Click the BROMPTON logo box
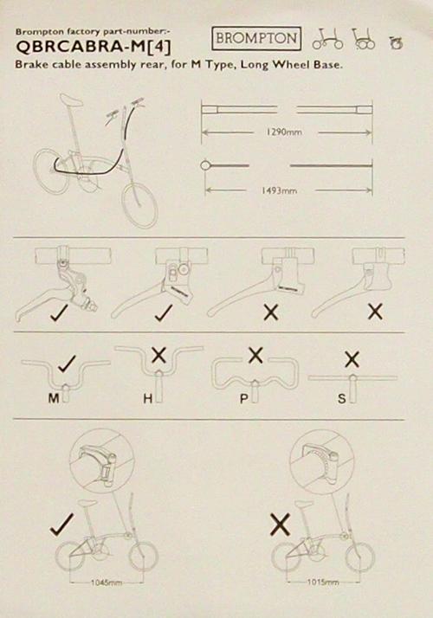[x=256, y=38]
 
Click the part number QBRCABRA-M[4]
[x=94, y=48]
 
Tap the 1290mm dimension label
[x=284, y=132]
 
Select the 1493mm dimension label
[x=279, y=190]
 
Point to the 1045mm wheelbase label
[x=106, y=583]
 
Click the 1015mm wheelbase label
[x=323, y=582]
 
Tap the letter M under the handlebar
[x=54, y=398]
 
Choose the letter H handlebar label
[x=148, y=399]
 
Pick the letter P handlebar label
[x=243, y=399]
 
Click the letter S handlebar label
[x=341, y=399]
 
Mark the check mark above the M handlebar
[x=67, y=364]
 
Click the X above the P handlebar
[x=255, y=355]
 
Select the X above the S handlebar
[x=352, y=359]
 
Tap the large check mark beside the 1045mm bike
[x=61, y=525]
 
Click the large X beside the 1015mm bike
[x=281, y=525]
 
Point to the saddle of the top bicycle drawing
[x=71, y=100]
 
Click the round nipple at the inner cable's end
[x=205, y=165]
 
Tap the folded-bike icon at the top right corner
[x=396, y=42]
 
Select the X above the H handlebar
[x=158, y=355]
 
